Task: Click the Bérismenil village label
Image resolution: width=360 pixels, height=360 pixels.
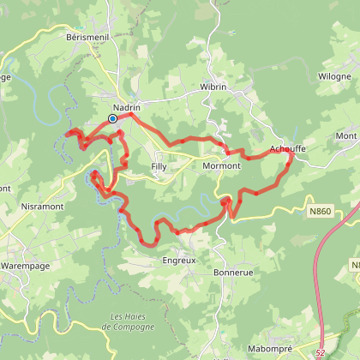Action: (x=84, y=38)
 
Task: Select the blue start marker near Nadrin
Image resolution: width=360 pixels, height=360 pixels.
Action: (x=112, y=119)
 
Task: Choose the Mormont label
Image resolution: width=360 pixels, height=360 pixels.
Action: (x=222, y=165)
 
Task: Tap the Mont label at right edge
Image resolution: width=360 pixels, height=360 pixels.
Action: (x=346, y=136)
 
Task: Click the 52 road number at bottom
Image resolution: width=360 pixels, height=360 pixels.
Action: (x=320, y=351)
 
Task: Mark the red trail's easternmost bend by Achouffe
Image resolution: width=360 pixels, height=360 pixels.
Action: (x=292, y=152)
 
